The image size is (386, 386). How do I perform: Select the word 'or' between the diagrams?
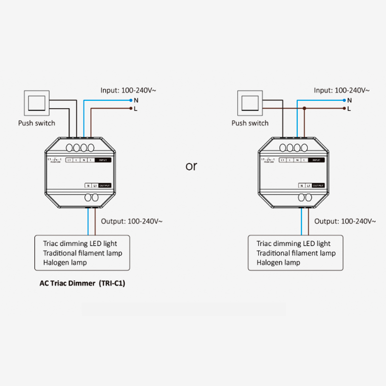point(192,166)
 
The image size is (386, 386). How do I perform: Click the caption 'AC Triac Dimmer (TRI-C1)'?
point(82,284)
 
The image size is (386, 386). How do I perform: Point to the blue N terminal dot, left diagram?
point(131,100)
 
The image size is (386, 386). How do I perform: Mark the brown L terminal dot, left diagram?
point(131,109)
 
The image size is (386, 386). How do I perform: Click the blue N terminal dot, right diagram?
point(344,100)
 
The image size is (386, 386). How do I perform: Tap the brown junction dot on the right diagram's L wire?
point(304,109)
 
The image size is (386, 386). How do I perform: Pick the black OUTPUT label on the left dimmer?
point(105,185)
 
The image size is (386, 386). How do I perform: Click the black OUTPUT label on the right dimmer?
point(318,185)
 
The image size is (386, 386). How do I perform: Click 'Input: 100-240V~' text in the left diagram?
point(128,90)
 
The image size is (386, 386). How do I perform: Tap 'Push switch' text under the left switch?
point(37,123)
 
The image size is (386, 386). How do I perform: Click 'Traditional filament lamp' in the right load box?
point(296,253)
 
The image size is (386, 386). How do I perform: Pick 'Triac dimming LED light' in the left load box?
point(80,244)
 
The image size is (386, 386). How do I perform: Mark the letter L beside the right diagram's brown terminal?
point(349,109)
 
